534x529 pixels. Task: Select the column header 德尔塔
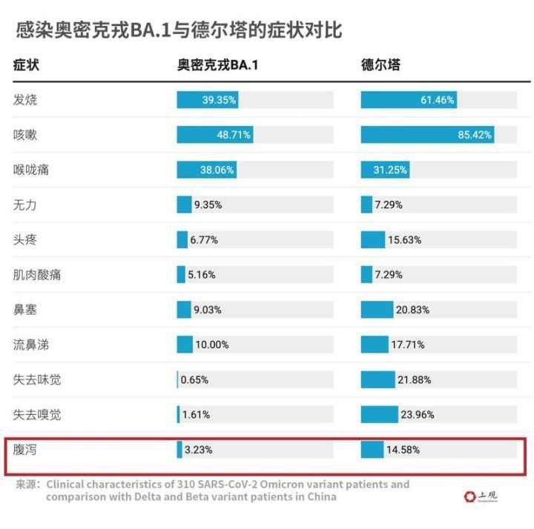pos(380,65)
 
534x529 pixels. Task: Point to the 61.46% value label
pos(437,100)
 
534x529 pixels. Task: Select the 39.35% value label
pos(218,100)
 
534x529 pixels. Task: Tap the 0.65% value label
pos(194,380)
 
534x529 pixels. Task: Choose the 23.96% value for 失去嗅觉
pos(417,415)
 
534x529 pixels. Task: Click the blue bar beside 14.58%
pos(372,450)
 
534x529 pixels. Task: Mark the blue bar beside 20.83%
pos(377,310)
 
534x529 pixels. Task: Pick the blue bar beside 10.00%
pos(185,345)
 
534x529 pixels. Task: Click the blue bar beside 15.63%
pos(373,240)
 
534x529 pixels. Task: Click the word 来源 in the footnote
pos(27,485)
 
